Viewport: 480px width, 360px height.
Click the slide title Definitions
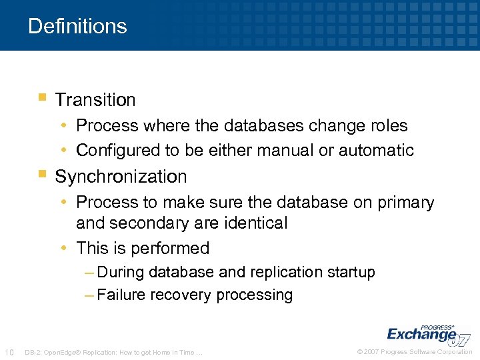(77, 26)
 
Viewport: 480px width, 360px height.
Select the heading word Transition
(95, 100)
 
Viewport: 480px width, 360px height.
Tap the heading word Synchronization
(121, 177)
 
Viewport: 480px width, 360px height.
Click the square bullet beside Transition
(42, 99)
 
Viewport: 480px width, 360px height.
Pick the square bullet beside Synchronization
(42, 175)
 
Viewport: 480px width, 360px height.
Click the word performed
(170, 248)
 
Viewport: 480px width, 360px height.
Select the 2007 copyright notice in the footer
(415, 352)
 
